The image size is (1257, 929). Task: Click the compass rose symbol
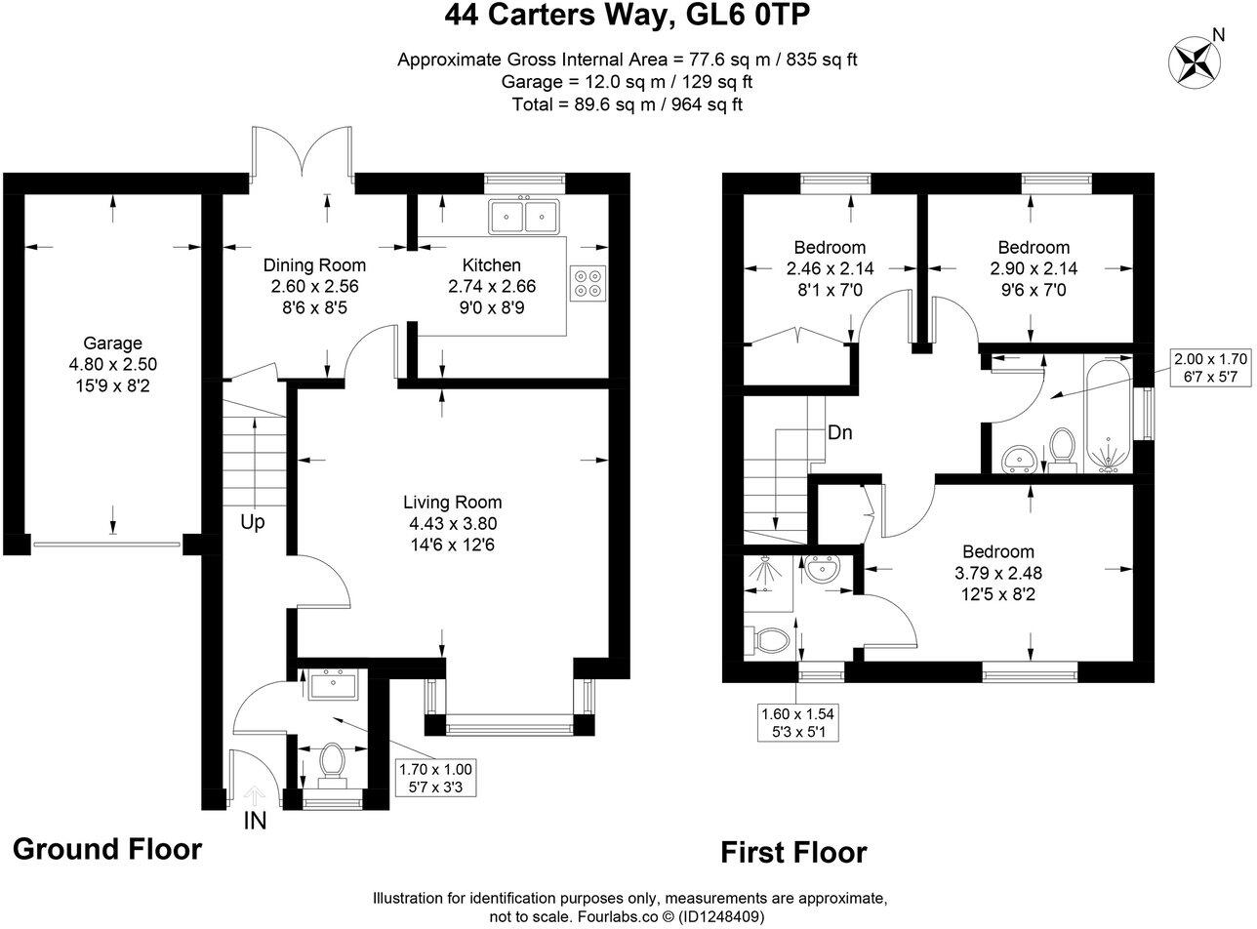(1192, 61)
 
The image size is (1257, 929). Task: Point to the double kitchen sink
(524, 217)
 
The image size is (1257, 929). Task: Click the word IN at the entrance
(255, 821)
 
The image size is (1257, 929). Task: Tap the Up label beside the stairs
(253, 523)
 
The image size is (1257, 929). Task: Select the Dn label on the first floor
(840, 432)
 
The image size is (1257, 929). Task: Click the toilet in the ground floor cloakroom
(333, 762)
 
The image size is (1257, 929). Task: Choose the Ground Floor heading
(107, 849)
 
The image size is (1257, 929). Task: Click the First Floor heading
(793, 853)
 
